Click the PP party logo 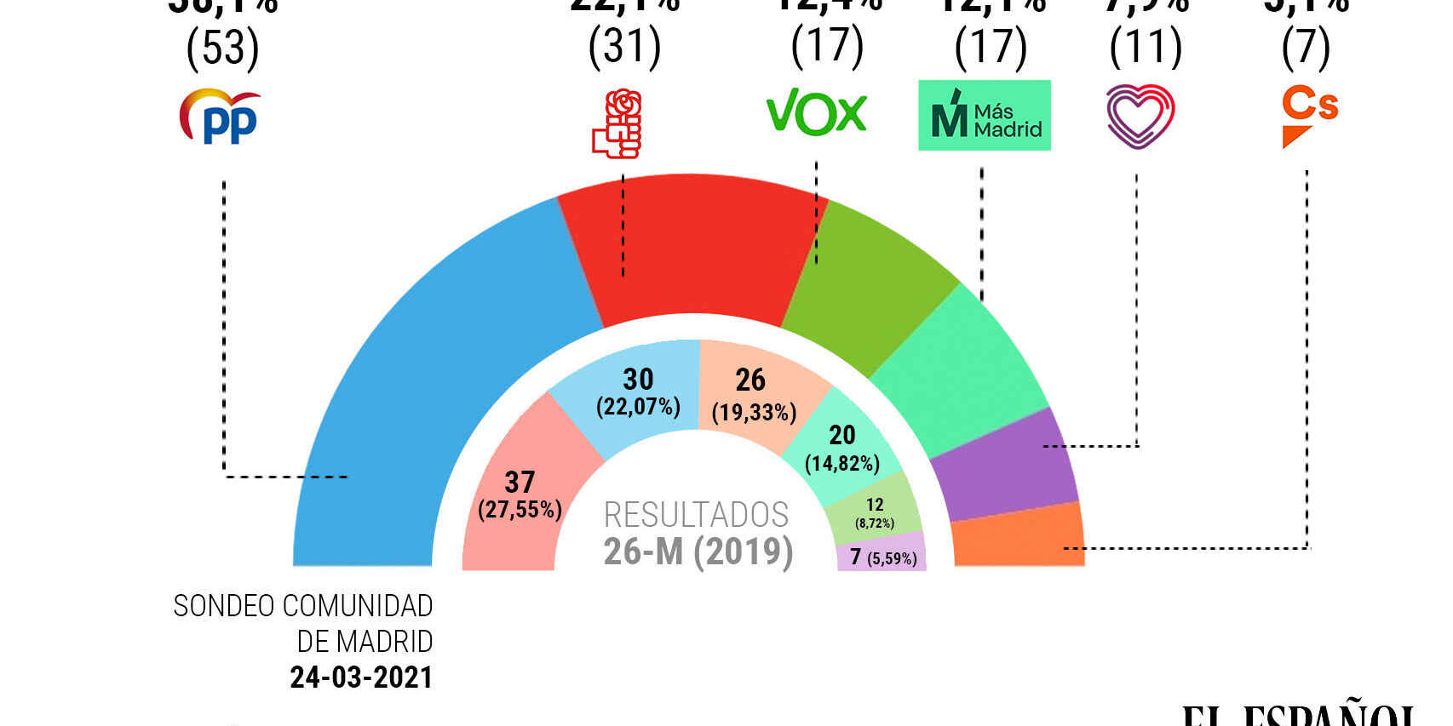(220, 117)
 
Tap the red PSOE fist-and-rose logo (617, 123)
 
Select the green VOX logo (816, 112)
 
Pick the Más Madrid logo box (984, 116)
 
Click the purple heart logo (1140, 117)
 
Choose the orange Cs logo (1309, 116)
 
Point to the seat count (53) (222, 48)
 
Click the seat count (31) (624, 46)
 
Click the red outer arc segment (690, 247)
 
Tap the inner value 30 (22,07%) (638, 392)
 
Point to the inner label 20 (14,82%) (842, 448)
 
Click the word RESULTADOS (696, 515)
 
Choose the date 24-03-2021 (361, 677)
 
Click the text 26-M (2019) (698, 552)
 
